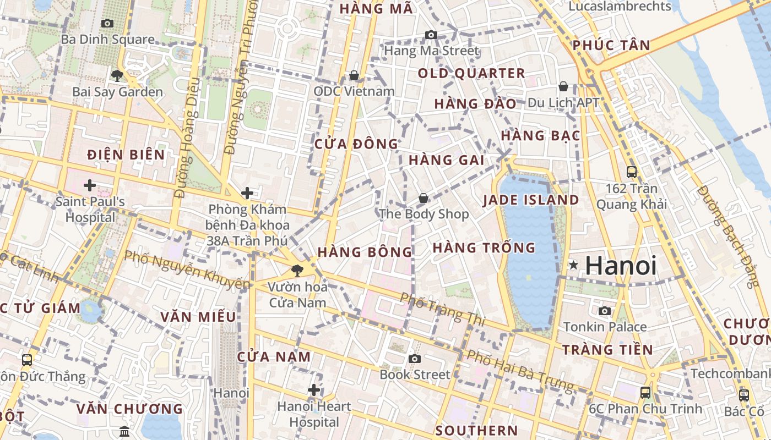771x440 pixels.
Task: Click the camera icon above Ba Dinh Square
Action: pyautogui.click(x=107, y=23)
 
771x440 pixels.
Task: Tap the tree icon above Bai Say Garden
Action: pyautogui.click(x=117, y=75)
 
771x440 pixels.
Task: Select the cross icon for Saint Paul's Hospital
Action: pyautogui.click(x=90, y=185)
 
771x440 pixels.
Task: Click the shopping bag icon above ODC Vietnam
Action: pyautogui.click(x=354, y=75)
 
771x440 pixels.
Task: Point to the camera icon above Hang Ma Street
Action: pyautogui.click(x=431, y=35)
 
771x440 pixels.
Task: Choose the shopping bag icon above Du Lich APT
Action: pyautogui.click(x=563, y=86)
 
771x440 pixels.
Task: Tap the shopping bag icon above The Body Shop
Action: pyautogui.click(x=423, y=198)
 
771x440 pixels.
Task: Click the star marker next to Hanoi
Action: pyautogui.click(x=573, y=266)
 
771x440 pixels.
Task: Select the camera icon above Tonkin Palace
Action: pyautogui.click(x=605, y=311)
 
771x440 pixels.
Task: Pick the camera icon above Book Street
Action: pyautogui.click(x=415, y=359)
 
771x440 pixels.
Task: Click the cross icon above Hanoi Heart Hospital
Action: pyautogui.click(x=314, y=390)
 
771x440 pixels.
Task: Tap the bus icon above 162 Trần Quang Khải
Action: pyautogui.click(x=632, y=172)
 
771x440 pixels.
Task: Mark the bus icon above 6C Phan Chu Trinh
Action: pyautogui.click(x=645, y=393)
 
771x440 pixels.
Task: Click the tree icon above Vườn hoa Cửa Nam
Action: pyautogui.click(x=297, y=270)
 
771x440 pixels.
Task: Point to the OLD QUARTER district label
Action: pyautogui.click(x=471, y=73)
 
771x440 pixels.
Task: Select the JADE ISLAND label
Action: pyautogui.click(x=531, y=200)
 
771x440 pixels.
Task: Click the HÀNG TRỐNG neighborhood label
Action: pyautogui.click(x=484, y=248)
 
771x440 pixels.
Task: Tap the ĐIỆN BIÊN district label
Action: pyautogui.click(x=126, y=155)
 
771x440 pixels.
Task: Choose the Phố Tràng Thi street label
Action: pyautogui.click(x=442, y=309)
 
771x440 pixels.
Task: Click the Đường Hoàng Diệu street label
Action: pyautogui.click(x=187, y=137)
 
